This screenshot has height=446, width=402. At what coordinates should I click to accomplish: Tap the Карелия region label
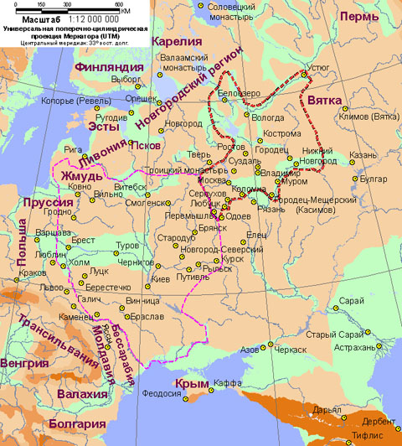click(x=181, y=42)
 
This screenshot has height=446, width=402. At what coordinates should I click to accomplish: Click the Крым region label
click(x=191, y=383)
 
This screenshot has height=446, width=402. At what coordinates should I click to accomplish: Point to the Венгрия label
click(x=24, y=363)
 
